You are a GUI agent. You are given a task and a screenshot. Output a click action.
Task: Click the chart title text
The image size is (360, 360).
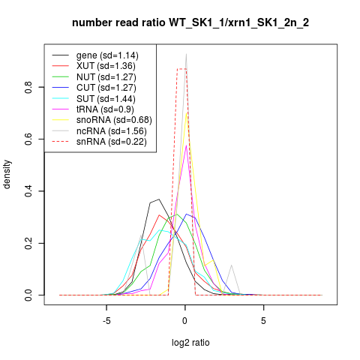point(190,22)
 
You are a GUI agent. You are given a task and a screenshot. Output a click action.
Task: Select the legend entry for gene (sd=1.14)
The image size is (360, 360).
point(107,55)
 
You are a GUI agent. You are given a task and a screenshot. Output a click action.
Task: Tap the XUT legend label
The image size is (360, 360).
point(106,66)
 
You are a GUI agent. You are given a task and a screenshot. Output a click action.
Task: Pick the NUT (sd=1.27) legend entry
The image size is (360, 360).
point(106,77)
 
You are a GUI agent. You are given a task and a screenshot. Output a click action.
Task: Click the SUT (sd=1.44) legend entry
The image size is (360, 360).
point(106,99)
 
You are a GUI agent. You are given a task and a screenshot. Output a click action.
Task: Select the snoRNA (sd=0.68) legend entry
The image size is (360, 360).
point(114,120)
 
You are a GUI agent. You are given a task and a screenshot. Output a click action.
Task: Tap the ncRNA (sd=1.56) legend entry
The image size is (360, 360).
point(112,131)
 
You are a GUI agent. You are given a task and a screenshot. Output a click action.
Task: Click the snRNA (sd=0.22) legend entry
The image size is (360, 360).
point(112,142)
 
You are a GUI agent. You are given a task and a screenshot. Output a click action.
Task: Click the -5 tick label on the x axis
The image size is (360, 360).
point(106,321)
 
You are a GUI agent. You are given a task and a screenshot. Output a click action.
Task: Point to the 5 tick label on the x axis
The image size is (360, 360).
point(263,321)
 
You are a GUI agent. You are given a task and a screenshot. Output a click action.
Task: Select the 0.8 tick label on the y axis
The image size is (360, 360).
point(28,87)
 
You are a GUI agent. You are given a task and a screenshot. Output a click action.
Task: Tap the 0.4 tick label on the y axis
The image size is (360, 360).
point(28,191)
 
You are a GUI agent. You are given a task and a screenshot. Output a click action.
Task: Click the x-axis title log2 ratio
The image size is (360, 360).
point(190,343)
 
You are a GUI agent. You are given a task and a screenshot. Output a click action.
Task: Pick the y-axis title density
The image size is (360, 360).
point(7,175)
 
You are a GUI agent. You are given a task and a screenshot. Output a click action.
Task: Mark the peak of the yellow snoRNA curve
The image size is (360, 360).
point(186,113)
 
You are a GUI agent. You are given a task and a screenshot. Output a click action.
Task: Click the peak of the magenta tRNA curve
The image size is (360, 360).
point(186,145)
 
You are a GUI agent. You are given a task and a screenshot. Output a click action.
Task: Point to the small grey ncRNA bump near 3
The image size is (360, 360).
point(232,265)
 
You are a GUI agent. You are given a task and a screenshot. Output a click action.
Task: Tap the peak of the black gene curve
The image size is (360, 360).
point(159,199)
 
